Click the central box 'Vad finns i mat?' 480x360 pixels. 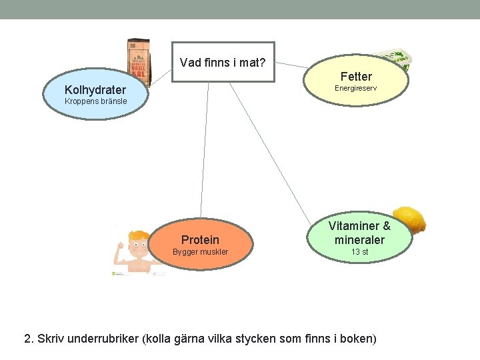point(223,63)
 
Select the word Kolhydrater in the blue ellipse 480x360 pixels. point(95,90)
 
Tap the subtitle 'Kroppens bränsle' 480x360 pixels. point(95,101)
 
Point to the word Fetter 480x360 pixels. point(356,77)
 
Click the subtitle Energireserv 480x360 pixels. point(355,88)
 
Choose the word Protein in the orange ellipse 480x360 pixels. point(200,239)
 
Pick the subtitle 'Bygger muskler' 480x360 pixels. point(200,252)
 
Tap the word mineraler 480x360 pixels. point(360,239)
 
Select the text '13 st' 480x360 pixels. point(360,252)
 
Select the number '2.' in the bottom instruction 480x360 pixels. point(29,339)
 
